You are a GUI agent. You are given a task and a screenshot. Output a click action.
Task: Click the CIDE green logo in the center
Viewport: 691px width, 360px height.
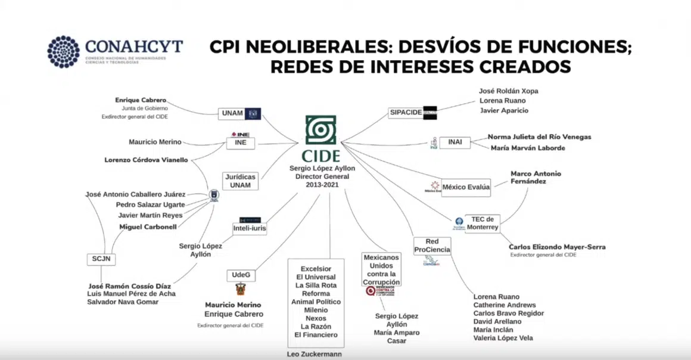(x=320, y=131)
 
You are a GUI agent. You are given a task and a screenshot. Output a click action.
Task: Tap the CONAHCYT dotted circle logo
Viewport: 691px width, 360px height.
(x=63, y=51)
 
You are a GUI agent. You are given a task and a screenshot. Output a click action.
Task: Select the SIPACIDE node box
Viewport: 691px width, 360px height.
(x=406, y=112)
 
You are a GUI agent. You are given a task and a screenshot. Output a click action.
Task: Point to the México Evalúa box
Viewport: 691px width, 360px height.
(x=466, y=187)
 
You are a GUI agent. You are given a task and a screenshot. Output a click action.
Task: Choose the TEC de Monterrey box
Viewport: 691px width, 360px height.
(x=481, y=223)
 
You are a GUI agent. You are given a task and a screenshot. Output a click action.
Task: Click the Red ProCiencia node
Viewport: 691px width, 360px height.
(x=432, y=246)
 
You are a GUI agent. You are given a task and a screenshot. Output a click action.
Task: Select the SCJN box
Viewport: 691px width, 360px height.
(x=101, y=259)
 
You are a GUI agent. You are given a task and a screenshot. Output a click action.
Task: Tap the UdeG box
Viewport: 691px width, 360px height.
(x=241, y=275)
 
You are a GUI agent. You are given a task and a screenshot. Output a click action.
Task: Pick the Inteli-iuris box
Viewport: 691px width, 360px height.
(x=250, y=228)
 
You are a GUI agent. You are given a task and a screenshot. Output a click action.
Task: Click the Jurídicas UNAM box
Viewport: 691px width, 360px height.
(x=240, y=181)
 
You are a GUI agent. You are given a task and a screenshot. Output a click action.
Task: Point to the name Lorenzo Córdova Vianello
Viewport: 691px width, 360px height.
(x=146, y=160)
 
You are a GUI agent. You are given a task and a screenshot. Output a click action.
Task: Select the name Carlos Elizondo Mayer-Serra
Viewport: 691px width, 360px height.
(x=557, y=247)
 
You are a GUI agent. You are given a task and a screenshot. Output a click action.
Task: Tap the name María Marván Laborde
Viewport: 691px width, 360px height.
(x=527, y=148)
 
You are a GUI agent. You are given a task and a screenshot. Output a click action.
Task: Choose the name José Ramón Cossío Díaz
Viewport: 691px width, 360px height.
(x=129, y=286)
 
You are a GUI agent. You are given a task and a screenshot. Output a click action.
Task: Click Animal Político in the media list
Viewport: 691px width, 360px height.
(x=316, y=302)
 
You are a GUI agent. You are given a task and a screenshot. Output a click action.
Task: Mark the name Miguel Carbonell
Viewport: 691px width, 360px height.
(x=147, y=226)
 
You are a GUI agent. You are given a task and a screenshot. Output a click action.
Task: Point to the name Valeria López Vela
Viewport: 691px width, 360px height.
(x=503, y=338)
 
